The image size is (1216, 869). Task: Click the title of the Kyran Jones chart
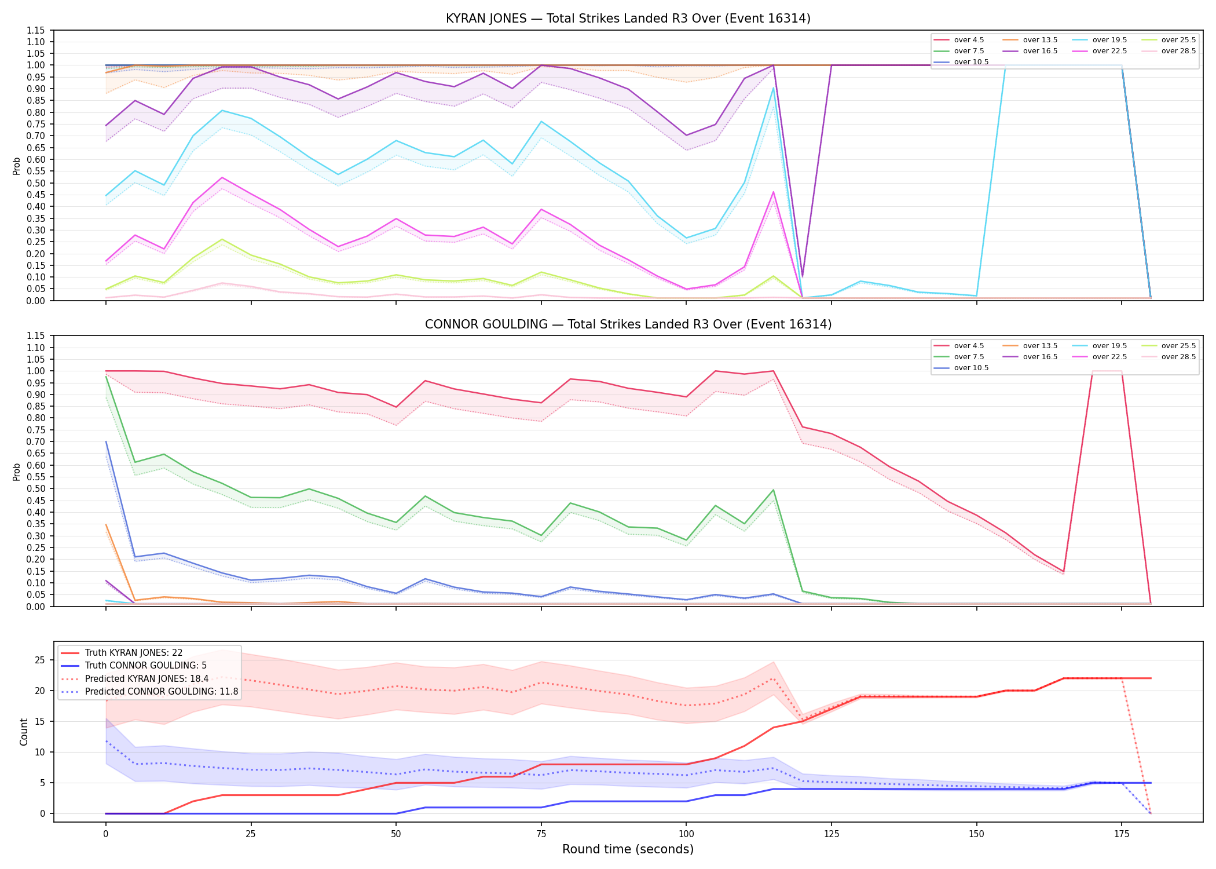coord(628,19)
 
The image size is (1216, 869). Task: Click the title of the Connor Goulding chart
coord(628,324)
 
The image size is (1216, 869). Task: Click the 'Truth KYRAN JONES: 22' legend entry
coord(122,653)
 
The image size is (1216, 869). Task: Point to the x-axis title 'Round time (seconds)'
coord(628,849)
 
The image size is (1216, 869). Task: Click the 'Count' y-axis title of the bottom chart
coord(24,732)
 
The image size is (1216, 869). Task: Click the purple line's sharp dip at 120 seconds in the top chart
coord(802,277)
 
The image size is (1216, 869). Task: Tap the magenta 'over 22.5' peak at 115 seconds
coord(773,192)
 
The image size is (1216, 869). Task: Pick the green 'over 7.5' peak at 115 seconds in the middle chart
coord(773,490)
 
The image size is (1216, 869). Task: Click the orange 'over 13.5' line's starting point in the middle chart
coord(106,524)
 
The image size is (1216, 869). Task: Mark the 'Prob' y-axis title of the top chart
coord(17,166)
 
